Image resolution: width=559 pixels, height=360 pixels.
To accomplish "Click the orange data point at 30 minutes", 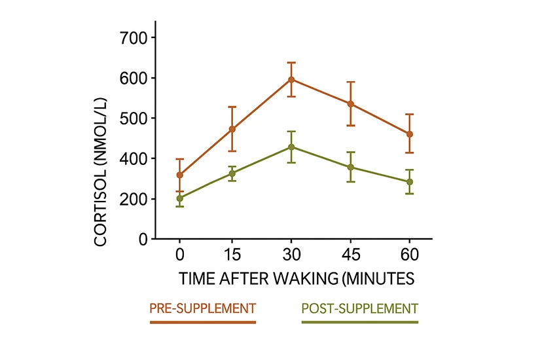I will click(x=291, y=80).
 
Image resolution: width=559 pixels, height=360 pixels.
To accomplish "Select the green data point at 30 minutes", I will click(x=291, y=147).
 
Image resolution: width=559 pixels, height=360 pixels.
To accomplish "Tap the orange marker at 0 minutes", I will click(x=179, y=175).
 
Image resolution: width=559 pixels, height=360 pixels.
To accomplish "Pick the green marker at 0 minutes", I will click(x=179, y=198).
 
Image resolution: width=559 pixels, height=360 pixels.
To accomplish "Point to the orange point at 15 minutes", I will click(x=232, y=129).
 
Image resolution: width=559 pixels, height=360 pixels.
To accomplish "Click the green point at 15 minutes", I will click(x=232, y=173).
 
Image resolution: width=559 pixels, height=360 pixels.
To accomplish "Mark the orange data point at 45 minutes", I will click(x=351, y=104).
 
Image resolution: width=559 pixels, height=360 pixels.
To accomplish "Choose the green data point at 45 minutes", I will click(x=351, y=167).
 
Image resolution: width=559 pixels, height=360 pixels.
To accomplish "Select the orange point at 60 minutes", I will click(x=410, y=134).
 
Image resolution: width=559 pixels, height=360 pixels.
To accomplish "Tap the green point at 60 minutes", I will click(x=410, y=182).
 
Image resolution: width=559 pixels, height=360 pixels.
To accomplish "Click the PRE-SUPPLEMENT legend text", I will click(x=202, y=308).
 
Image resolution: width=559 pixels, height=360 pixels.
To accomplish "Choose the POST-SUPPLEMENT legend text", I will click(x=359, y=308).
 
